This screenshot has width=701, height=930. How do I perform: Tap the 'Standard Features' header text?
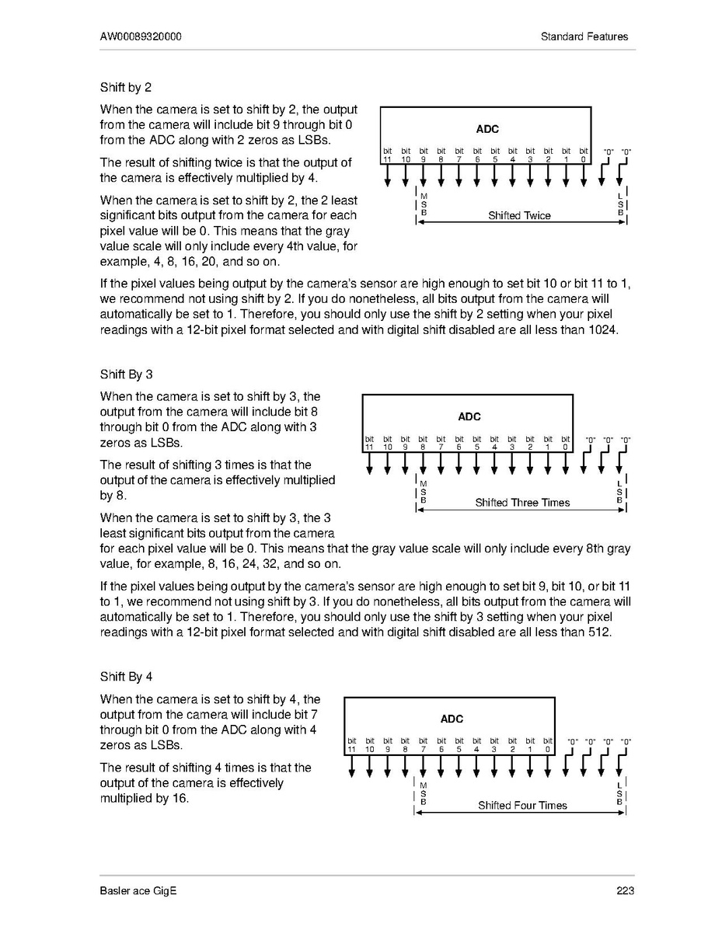point(585,37)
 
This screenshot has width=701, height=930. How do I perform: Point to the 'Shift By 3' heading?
point(127,374)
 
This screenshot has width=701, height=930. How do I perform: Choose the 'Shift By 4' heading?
point(127,677)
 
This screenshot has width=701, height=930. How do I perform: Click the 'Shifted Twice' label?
point(519,215)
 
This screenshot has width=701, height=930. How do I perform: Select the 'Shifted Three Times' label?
point(522,503)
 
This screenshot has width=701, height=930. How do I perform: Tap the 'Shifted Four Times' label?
point(522,805)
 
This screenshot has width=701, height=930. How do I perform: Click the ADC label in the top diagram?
point(487,129)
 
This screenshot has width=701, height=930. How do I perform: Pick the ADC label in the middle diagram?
point(469,416)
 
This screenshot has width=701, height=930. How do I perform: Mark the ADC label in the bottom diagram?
point(452,719)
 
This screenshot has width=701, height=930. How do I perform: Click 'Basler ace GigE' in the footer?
point(138,891)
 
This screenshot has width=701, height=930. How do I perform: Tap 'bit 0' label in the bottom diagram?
point(548,745)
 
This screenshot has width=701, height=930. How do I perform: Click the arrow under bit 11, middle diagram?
point(370,463)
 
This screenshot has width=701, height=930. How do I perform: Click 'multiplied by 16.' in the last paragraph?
point(145,798)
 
